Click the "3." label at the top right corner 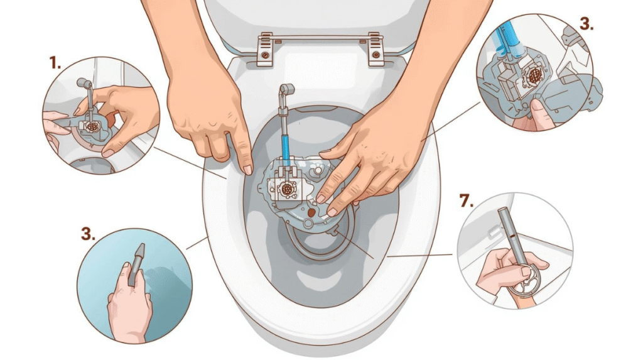click(x=586, y=25)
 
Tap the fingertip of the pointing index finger click(x=247, y=168)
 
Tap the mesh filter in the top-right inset click(x=534, y=75)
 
